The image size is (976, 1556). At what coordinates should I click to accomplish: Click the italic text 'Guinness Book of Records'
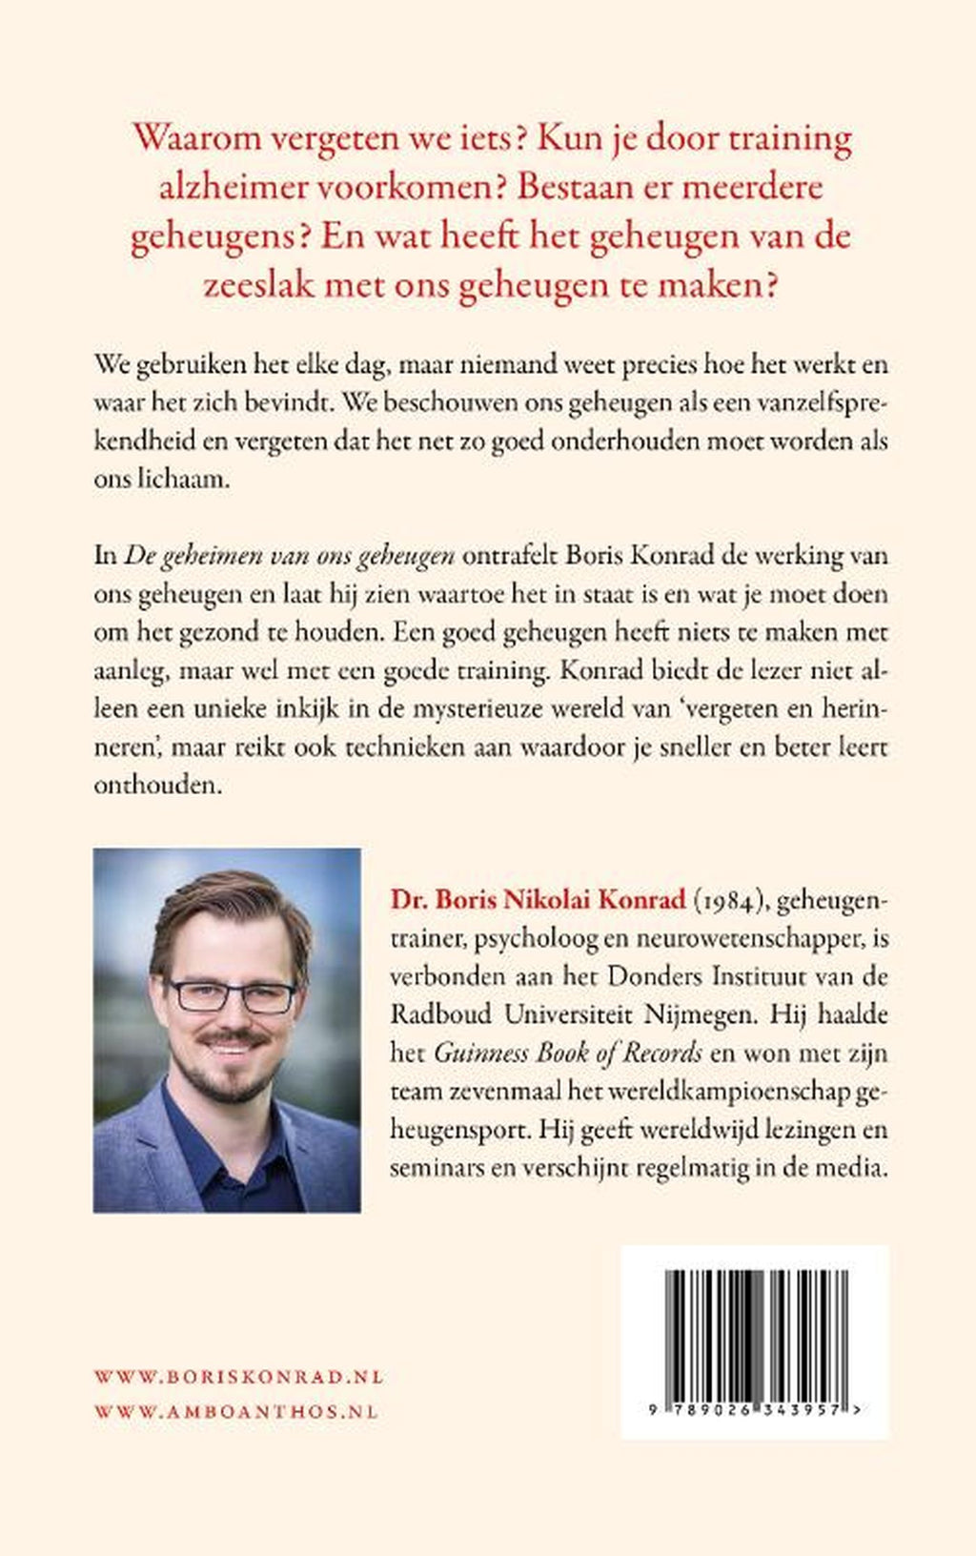[569, 1053]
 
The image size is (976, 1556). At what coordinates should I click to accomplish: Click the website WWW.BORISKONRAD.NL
[238, 1377]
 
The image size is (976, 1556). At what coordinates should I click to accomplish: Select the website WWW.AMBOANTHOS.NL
[236, 1411]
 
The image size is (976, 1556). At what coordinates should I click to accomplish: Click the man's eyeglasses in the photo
[232, 995]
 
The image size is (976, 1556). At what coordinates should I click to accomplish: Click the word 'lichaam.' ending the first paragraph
[162, 479]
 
